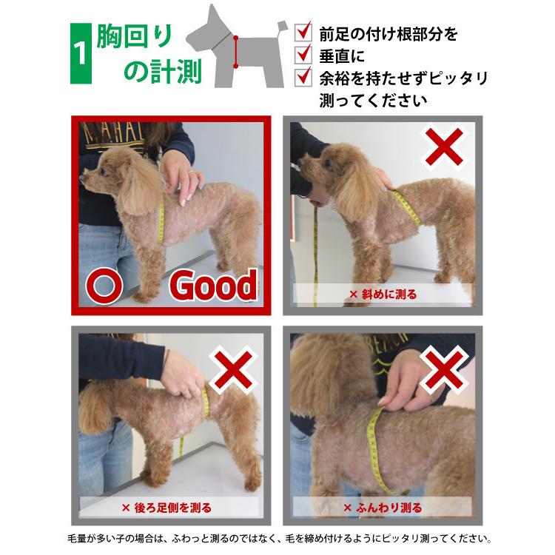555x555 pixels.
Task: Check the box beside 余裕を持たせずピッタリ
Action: tap(303, 76)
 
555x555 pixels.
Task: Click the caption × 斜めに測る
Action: tap(383, 294)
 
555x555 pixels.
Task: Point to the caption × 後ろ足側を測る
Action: tap(166, 507)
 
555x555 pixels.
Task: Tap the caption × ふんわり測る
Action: tap(383, 507)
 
